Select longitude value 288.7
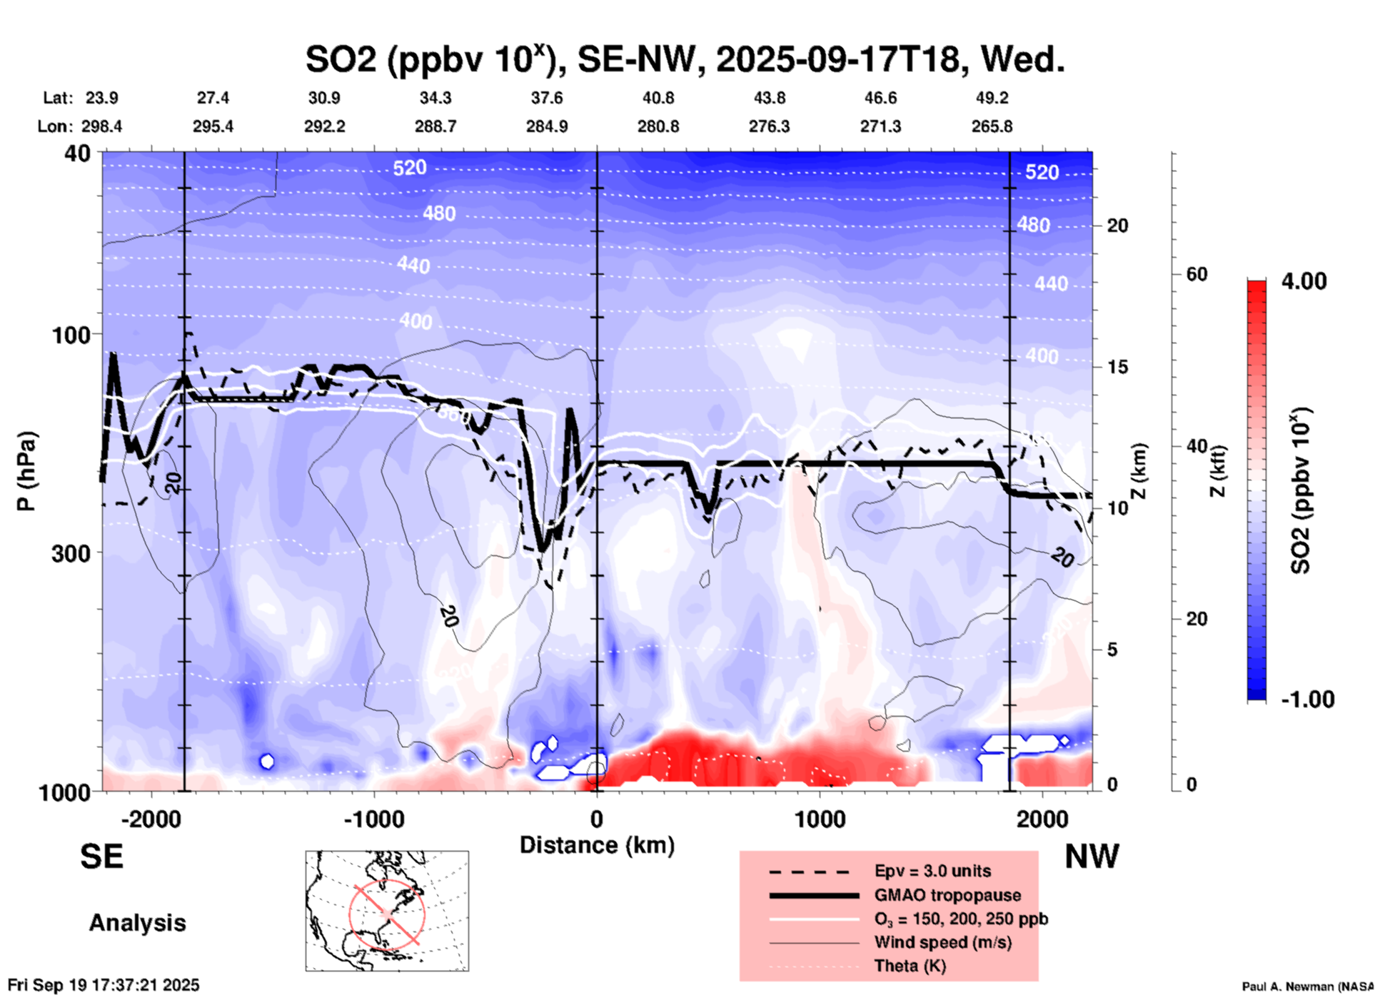pos(435,126)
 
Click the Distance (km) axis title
pos(597,845)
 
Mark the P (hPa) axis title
pos(26,471)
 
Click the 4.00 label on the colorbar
pos(1304,281)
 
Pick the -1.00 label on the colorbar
pos(1307,699)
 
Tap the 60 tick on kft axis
pos(1197,274)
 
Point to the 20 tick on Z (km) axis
pos(1117,226)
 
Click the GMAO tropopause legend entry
pos(947,895)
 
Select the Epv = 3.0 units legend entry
pos(932,871)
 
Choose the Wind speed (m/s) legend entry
pos(942,942)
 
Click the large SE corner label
pos(101,857)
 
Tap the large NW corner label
pos(1092,857)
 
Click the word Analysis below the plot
pos(137,923)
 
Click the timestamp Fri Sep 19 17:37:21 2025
pos(104,985)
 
